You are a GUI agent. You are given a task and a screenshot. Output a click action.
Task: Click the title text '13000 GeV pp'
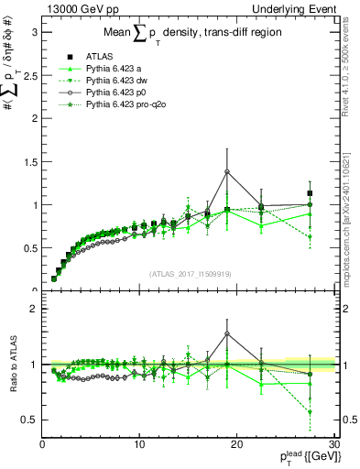tap(75, 8)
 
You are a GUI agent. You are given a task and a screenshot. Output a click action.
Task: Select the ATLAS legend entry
tap(101, 56)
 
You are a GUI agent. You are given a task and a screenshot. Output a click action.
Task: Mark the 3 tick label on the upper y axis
tap(33, 32)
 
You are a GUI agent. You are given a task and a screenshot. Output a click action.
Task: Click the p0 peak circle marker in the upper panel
tap(227, 171)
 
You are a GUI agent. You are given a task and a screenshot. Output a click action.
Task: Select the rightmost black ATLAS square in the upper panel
tap(310, 193)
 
